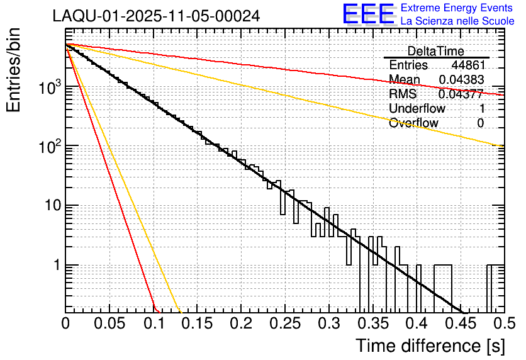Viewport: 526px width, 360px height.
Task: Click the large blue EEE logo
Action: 369,14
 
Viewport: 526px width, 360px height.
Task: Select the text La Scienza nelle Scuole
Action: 457,21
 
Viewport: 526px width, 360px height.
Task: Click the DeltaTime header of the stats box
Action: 436,51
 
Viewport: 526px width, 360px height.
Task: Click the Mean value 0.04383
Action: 461,80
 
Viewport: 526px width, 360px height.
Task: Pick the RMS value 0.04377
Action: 461,94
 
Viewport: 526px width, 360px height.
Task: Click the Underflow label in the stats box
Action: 417,109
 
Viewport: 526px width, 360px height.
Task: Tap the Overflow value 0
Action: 480,123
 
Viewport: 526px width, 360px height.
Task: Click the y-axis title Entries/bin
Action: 18,70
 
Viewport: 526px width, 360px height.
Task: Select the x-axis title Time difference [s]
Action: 430,346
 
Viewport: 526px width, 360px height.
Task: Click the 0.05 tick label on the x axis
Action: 109,324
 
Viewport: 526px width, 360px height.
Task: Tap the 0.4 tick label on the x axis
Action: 415,324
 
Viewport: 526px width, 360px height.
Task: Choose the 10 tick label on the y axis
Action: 49,206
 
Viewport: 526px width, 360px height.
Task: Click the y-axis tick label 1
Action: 55,266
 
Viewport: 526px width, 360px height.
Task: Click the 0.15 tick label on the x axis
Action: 196,324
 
